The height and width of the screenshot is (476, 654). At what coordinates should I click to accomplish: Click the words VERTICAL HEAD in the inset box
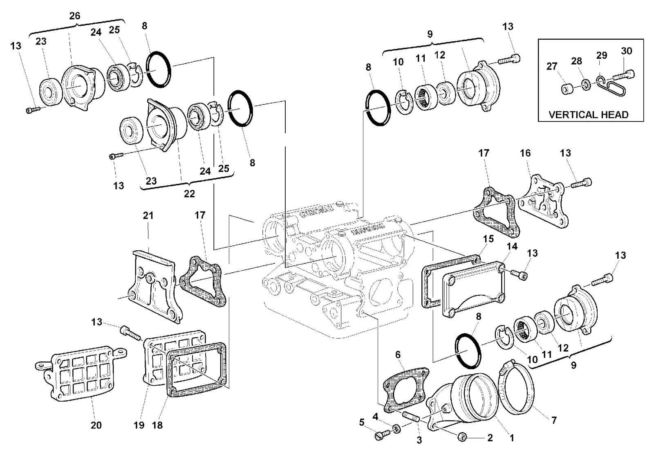588,115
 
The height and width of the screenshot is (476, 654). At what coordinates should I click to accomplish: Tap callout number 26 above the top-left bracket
74,16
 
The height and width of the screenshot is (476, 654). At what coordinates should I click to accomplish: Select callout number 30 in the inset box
626,51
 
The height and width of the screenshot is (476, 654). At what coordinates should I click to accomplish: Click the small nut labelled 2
462,437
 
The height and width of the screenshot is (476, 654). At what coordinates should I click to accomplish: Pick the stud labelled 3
411,416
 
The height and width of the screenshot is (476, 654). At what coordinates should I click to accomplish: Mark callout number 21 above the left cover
148,216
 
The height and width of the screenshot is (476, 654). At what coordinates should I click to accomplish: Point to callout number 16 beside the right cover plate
525,153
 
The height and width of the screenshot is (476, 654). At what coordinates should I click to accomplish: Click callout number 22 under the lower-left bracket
189,193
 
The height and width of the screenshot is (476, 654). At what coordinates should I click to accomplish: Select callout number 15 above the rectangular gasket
488,239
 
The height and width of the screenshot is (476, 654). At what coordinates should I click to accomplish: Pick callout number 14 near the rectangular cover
512,247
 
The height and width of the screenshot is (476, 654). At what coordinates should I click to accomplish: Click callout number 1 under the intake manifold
511,438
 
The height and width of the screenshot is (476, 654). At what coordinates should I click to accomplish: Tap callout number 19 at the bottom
139,425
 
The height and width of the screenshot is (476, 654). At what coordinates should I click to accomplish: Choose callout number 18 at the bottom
157,425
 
